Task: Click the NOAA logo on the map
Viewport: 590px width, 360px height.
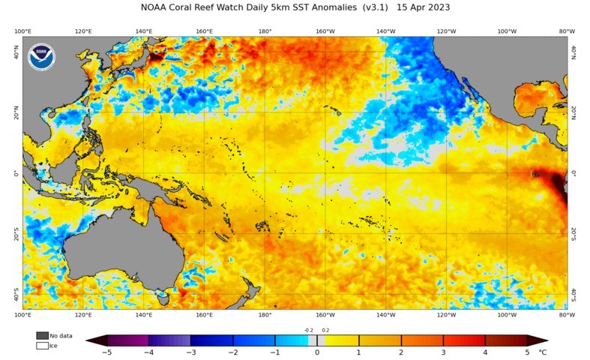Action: [x=41, y=58]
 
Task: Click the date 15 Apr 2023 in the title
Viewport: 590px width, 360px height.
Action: [x=423, y=7]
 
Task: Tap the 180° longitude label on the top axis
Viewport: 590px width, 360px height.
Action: [x=265, y=31]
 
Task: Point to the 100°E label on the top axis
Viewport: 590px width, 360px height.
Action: [x=22, y=31]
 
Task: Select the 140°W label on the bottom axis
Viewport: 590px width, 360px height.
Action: [x=386, y=315]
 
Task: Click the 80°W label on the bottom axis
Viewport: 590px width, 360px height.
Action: [x=567, y=315]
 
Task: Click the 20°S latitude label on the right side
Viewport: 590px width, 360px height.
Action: [x=574, y=233]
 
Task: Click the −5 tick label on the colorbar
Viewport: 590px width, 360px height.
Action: [x=107, y=352]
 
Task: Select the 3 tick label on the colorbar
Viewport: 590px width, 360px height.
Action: [x=443, y=352]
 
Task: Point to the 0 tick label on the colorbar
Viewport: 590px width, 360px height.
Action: [x=317, y=352]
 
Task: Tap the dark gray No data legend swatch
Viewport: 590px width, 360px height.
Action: [x=42, y=335]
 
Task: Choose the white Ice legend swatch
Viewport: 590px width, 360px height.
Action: [x=42, y=346]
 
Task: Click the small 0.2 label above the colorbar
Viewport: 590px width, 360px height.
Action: [x=325, y=330]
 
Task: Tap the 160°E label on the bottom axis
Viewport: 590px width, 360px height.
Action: [x=204, y=315]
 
